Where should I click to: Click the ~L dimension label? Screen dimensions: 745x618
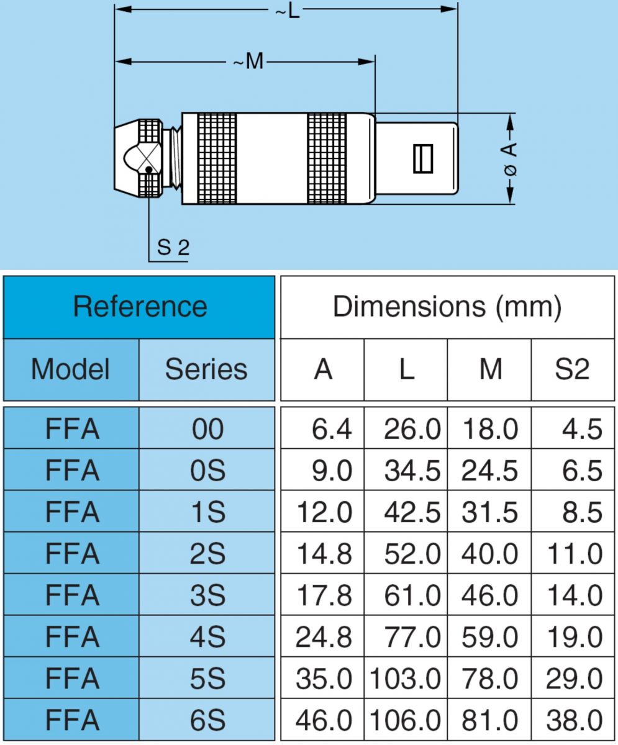click(287, 11)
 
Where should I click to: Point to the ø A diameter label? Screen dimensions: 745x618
click(509, 158)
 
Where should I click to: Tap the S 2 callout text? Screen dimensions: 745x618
click(173, 248)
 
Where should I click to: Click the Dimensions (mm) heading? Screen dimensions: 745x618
click(447, 307)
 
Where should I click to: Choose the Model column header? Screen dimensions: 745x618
click(71, 369)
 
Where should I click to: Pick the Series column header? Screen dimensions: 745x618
click(206, 369)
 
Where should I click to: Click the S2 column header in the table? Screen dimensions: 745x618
click(572, 369)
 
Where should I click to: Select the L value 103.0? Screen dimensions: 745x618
click(406, 679)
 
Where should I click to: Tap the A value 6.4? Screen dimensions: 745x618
click(332, 429)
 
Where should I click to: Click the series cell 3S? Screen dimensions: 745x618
click(207, 595)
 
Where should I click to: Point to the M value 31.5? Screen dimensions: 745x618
click(489, 512)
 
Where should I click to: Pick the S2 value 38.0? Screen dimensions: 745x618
click(574, 720)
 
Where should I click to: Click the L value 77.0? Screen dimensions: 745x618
click(412, 637)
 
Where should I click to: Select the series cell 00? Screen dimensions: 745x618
click(207, 429)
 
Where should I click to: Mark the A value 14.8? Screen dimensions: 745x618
click(324, 554)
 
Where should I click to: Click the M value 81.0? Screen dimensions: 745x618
click(489, 720)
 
